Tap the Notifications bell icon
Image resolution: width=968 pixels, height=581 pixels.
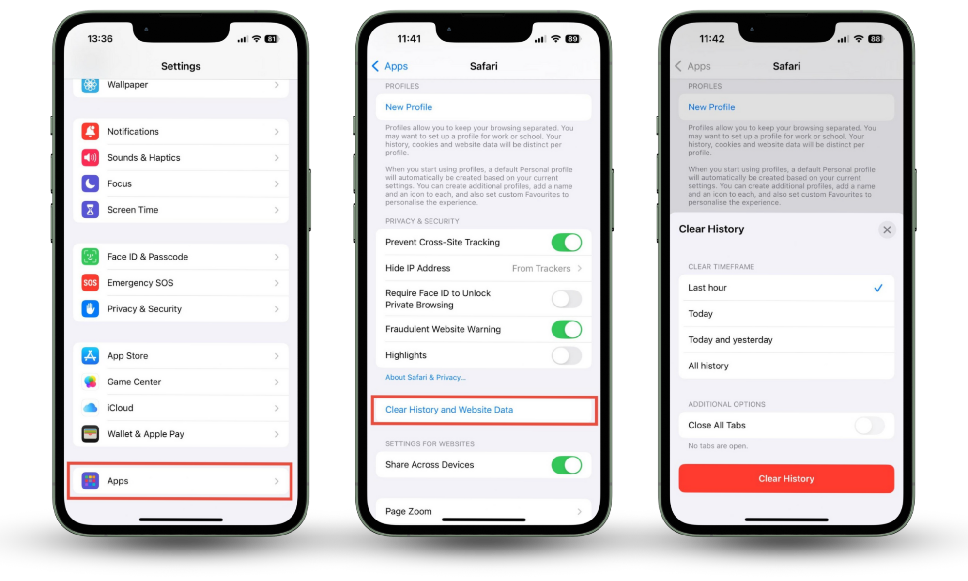click(x=91, y=132)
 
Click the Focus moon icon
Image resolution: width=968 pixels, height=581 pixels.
click(x=91, y=184)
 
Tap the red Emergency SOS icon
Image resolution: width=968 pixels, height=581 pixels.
click(x=91, y=283)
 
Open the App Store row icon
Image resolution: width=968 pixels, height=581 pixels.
click(x=91, y=356)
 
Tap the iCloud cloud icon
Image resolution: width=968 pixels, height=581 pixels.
click(x=91, y=408)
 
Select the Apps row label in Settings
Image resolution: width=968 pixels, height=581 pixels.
click(x=118, y=481)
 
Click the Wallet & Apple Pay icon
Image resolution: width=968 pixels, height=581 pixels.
click(x=91, y=434)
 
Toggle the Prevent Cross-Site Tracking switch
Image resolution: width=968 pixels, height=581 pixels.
click(x=566, y=243)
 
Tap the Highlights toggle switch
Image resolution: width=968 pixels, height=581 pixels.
click(x=566, y=355)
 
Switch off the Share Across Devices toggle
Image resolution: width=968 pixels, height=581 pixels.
click(x=566, y=465)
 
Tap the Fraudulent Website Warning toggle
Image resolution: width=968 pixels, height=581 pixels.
click(x=566, y=330)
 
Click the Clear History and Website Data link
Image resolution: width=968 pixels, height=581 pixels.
click(x=449, y=410)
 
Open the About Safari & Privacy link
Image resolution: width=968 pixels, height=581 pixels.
click(x=425, y=378)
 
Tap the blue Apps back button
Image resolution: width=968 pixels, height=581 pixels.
click(x=390, y=66)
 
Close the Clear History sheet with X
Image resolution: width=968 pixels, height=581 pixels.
click(x=887, y=230)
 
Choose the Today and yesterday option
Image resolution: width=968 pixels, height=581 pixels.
click(x=730, y=340)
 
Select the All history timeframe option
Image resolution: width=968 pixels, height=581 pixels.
click(x=708, y=366)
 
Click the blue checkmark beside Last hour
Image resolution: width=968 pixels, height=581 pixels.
click(x=878, y=288)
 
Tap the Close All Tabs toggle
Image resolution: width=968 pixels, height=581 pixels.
click(x=869, y=426)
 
